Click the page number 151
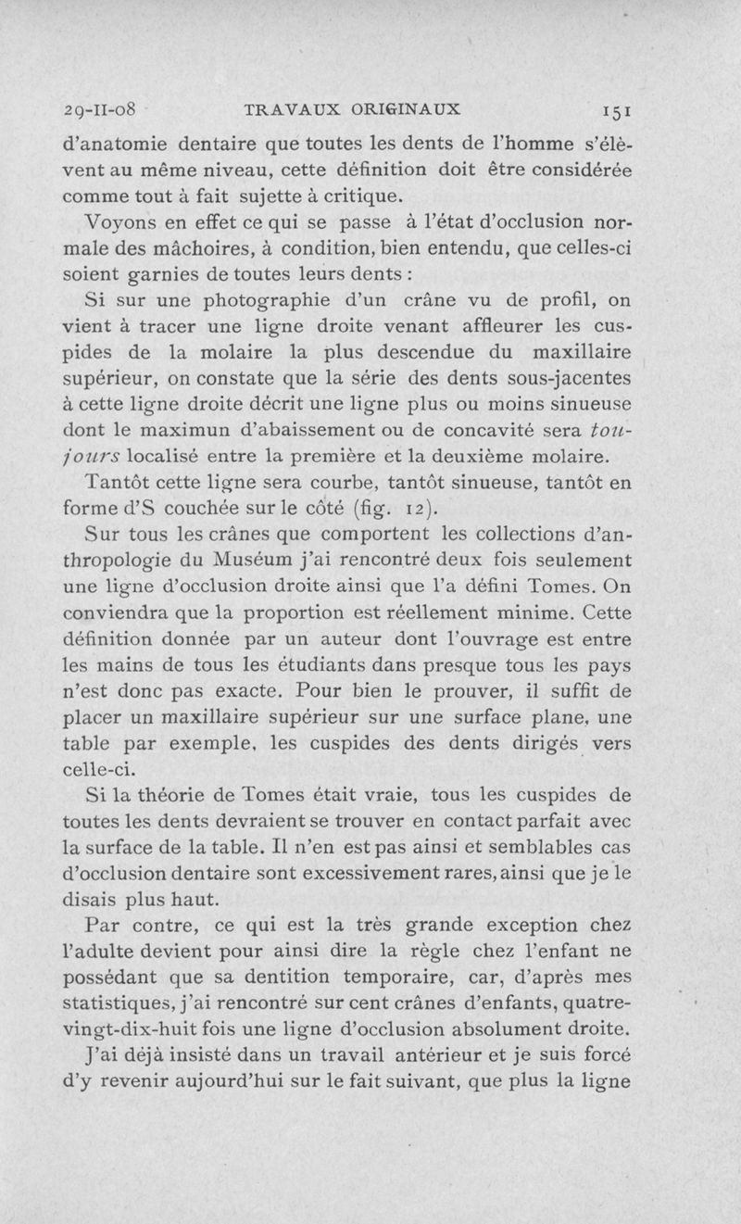pos(613,109)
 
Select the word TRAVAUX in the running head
pos(288,107)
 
